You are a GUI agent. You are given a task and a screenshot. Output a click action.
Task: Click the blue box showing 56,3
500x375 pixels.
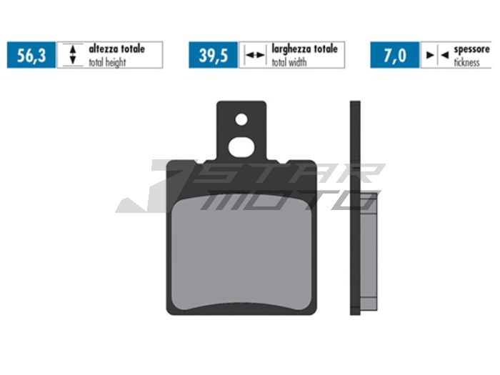coord(31,55)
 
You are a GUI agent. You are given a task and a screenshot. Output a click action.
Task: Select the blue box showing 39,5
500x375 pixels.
coord(213,55)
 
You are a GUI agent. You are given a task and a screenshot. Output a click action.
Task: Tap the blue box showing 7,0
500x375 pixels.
coord(394,55)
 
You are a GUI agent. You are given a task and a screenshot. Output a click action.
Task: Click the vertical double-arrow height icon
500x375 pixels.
coord(71,55)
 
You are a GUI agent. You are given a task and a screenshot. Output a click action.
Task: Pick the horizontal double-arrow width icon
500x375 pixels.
coord(254,55)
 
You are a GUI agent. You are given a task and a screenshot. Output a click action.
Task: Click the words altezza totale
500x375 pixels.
coord(116,49)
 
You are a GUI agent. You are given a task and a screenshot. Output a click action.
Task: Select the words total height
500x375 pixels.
coord(109,61)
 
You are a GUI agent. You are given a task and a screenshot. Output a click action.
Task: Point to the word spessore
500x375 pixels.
coord(472,49)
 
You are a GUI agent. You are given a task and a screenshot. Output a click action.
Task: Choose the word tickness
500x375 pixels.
coord(468,61)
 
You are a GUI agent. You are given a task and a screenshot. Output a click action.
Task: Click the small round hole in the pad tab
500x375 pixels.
coord(241,119)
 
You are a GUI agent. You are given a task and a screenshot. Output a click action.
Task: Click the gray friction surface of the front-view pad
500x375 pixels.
coord(242,250)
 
